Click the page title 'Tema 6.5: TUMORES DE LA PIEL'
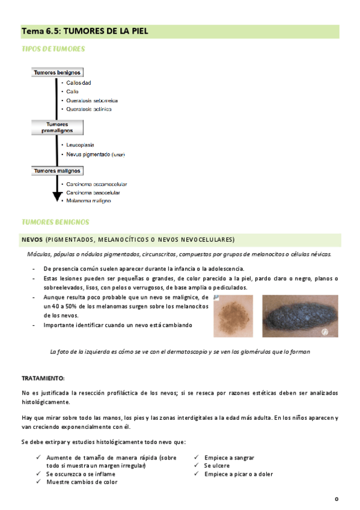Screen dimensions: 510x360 point(84,30)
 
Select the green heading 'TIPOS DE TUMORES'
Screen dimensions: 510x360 point(53,48)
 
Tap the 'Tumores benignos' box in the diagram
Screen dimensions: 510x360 point(57,72)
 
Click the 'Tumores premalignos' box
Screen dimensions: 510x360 point(57,127)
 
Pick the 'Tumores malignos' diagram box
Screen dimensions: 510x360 point(56,171)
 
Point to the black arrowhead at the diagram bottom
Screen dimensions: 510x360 point(57,196)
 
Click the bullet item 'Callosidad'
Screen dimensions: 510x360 point(79,83)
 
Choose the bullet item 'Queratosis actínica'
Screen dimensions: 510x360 point(89,109)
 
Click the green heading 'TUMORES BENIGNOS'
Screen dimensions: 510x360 point(55,222)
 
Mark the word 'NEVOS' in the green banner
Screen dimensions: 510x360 point(32,239)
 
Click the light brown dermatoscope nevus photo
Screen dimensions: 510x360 point(236,316)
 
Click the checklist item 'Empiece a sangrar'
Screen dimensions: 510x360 point(229,457)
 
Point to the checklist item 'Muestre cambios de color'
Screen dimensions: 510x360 point(82,482)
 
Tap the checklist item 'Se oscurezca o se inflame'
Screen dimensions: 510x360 point(82,474)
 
